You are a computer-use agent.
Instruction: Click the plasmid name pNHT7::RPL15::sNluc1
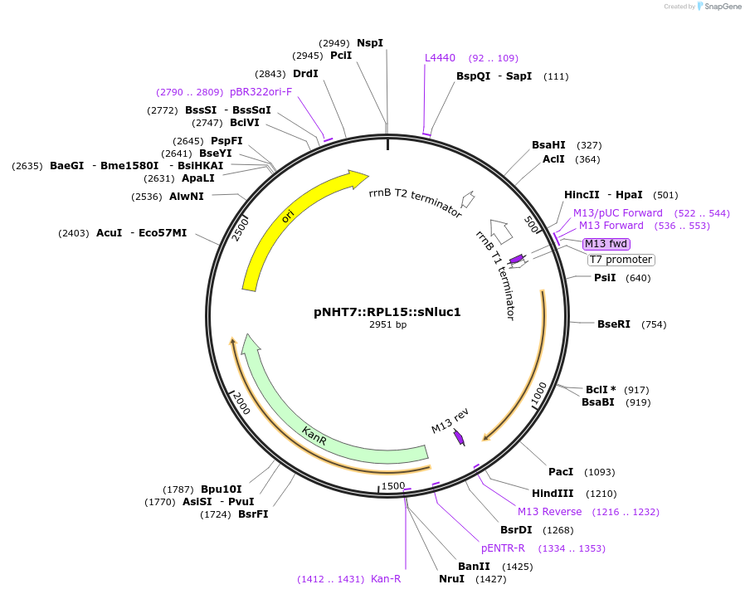click(387, 312)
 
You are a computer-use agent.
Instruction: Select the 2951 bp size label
click(387, 324)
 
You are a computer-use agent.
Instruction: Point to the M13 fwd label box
click(606, 243)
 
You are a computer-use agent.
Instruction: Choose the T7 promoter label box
click(621, 260)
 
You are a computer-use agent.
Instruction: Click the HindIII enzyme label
click(553, 493)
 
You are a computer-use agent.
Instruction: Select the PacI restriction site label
click(561, 472)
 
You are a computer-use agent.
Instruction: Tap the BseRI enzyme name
click(614, 324)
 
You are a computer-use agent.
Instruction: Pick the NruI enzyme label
click(451, 579)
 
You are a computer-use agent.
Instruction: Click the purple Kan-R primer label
click(386, 579)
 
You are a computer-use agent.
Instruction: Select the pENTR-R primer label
click(503, 548)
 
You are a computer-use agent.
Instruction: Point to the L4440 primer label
click(440, 58)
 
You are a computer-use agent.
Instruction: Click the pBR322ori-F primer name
click(261, 92)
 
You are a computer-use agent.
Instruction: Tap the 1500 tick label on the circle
click(393, 485)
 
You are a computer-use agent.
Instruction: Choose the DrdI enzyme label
click(305, 74)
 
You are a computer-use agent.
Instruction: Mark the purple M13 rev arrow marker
click(459, 436)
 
